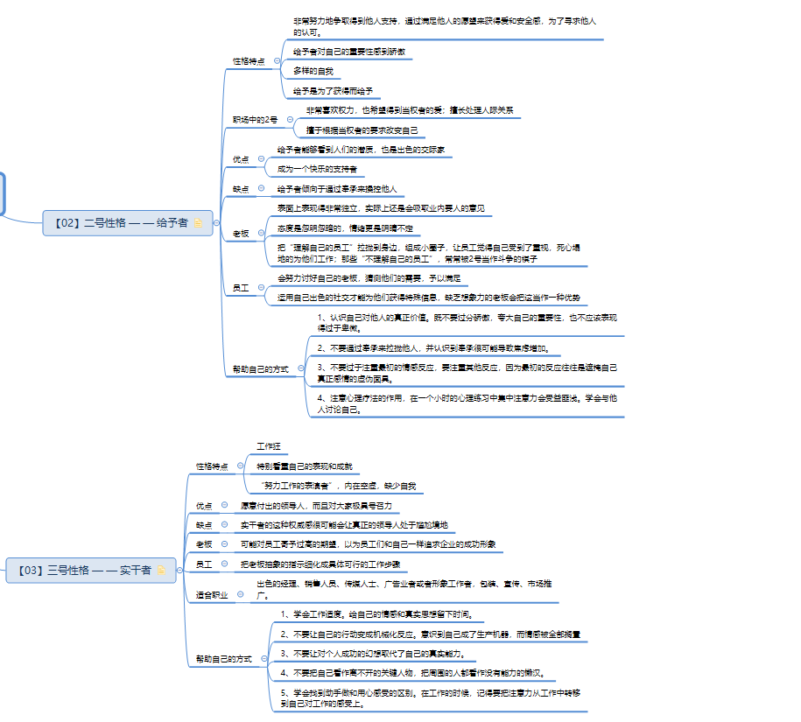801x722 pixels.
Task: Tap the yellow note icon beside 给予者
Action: pos(199,223)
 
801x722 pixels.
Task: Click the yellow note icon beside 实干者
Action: pos(161,571)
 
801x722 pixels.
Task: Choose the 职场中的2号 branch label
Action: pos(255,120)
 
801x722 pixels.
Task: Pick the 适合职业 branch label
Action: pos(211,595)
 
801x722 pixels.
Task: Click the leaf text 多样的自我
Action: pos(313,71)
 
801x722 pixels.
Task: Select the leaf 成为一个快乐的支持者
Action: pos(317,169)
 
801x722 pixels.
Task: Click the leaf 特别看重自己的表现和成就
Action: pos(304,466)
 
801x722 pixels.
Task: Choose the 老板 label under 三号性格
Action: pos(205,544)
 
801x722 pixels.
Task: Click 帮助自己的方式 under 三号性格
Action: pos(223,658)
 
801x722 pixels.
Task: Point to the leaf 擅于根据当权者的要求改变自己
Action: pos(362,130)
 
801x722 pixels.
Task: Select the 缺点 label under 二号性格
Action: pos(241,189)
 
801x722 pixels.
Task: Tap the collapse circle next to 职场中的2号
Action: pos(289,120)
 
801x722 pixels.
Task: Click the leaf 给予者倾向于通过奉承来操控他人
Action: pos(337,189)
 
